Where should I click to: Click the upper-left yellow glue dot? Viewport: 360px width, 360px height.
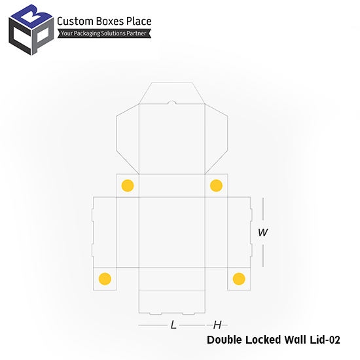click(x=128, y=185)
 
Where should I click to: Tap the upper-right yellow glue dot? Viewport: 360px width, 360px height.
click(x=216, y=185)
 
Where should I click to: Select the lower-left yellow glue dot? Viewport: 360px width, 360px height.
click(x=105, y=279)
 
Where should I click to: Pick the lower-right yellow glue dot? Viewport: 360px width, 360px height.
click(x=239, y=279)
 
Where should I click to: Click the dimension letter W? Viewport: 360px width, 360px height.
click(x=262, y=232)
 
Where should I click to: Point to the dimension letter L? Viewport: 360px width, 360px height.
click(x=173, y=325)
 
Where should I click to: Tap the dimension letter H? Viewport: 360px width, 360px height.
click(x=217, y=325)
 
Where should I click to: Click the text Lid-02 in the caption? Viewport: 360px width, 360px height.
click(x=325, y=340)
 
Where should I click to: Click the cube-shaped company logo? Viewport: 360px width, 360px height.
click(x=31, y=29)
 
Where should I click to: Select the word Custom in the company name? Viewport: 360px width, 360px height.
click(x=75, y=21)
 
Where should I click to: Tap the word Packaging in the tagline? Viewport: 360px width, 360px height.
click(x=87, y=33)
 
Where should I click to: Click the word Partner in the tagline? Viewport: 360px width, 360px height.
click(x=137, y=33)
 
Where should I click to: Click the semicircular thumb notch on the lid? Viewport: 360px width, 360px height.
click(x=171, y=101)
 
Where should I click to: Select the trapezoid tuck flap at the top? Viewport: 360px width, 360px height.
click(x=172, y=93)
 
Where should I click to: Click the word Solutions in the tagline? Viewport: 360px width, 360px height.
click(x=114, y=33)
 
